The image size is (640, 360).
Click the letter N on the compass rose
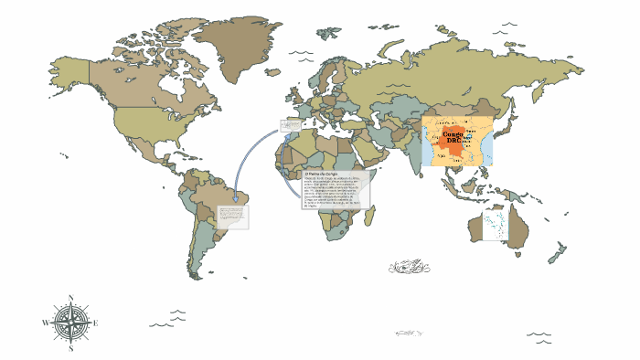pos(70,297)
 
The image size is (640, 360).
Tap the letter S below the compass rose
pos(70,348)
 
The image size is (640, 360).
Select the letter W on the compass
pos(45,323)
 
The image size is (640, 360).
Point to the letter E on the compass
pos(96,323)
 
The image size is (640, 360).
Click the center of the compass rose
pos(70,323)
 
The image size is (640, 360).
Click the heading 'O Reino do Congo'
pos(320,173)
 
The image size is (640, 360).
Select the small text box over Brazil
pos(231,217)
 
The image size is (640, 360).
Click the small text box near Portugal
pos(290,126)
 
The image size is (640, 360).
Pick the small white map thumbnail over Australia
pos(494,225)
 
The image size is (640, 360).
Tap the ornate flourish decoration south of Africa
pos(409,267)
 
